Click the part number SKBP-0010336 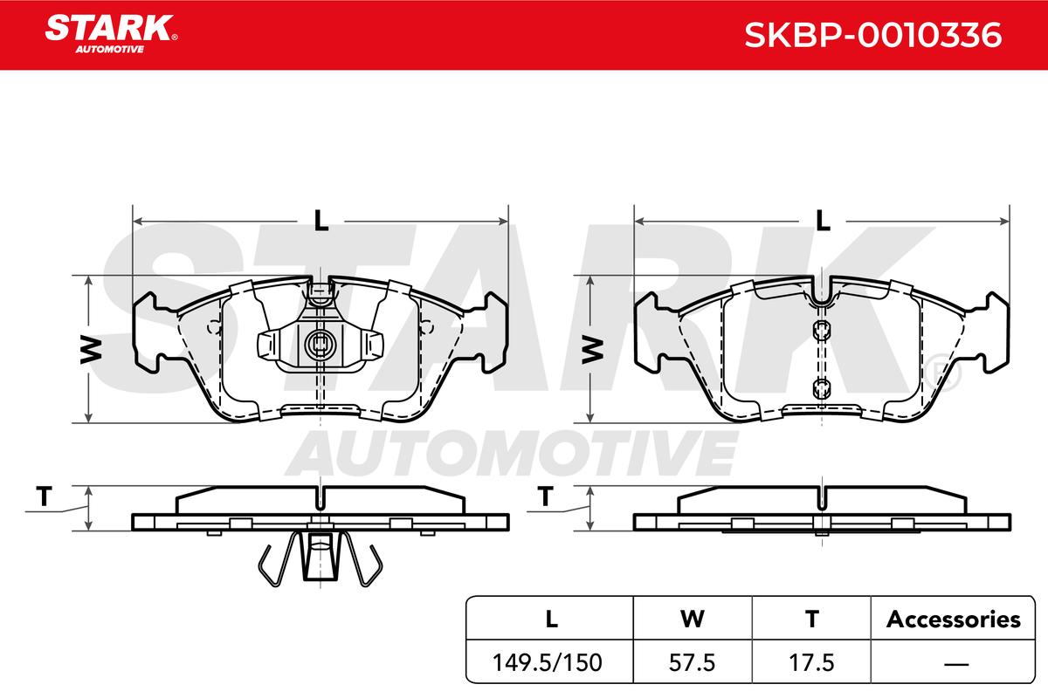pos(873,35)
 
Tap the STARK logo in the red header pos(111,34)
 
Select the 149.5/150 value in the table pos(547,662)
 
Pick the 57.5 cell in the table pos(692,662)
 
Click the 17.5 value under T pos(811,662)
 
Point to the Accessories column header pos(953,619)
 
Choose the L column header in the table pos(552,619)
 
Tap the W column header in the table pos(692,619)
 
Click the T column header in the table pos(811,619)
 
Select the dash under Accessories pos(956,663)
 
